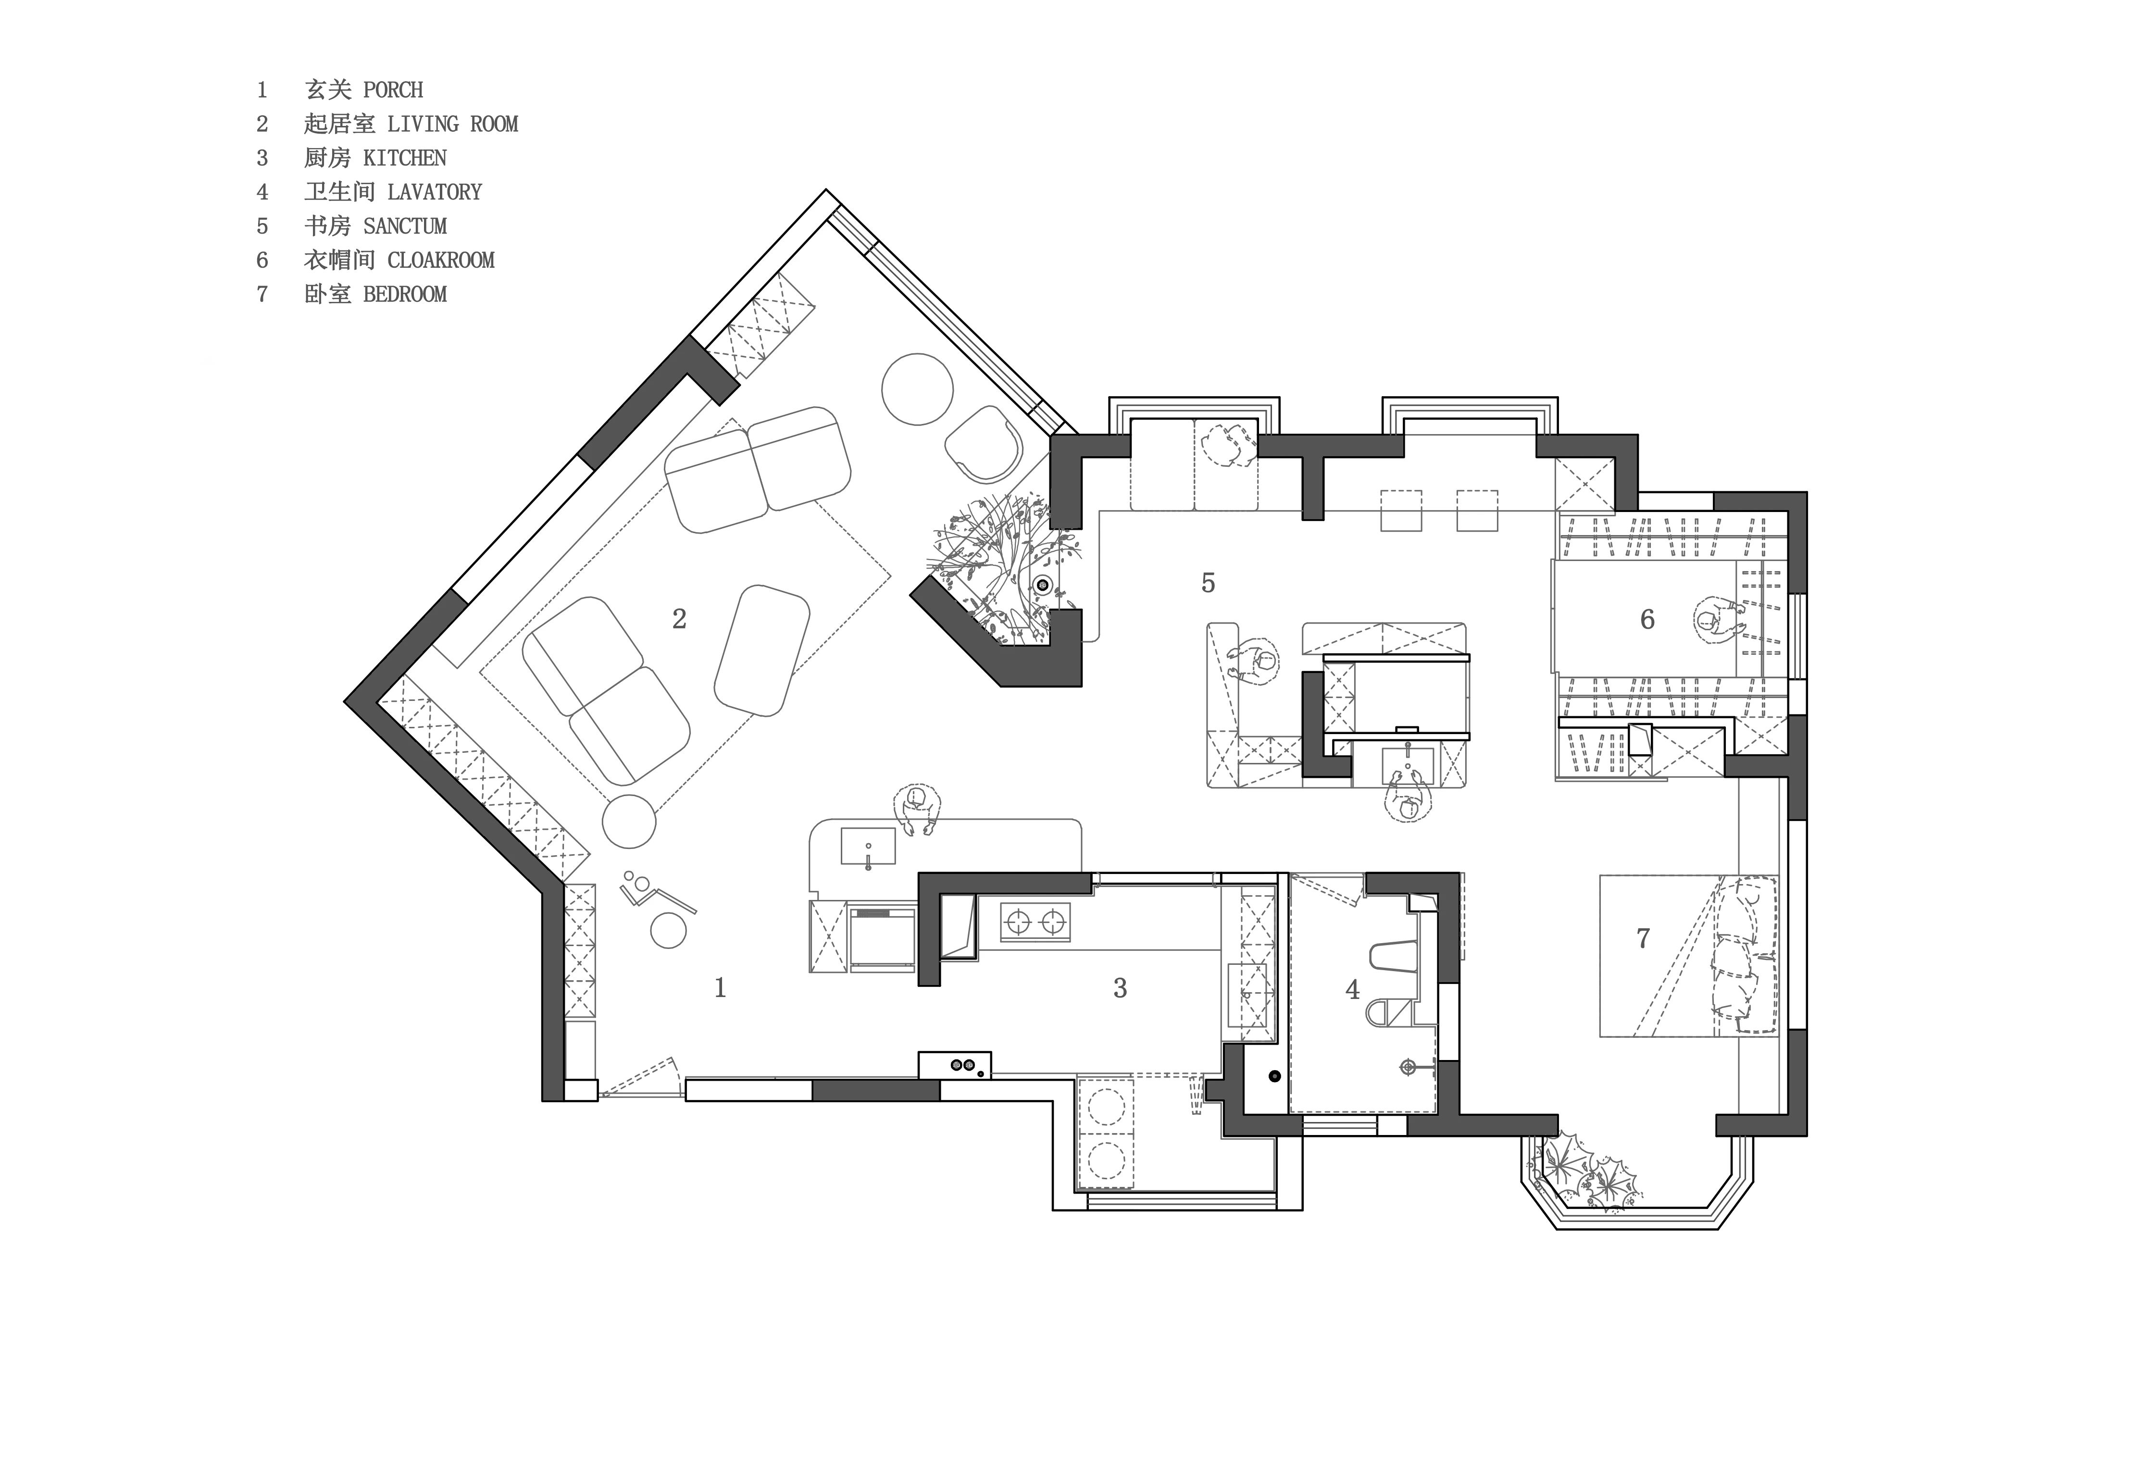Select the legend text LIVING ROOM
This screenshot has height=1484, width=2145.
pos(452,124)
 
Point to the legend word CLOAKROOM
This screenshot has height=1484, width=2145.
pos(441,261)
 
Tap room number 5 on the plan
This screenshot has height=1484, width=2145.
pos(1208,583)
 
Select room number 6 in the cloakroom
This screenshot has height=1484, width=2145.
pos(1647,619)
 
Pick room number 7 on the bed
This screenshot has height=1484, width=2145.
pos(1643,938)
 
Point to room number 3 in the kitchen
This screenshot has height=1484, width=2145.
pos(1121,987)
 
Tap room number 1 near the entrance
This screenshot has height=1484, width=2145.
pos(720,987)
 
